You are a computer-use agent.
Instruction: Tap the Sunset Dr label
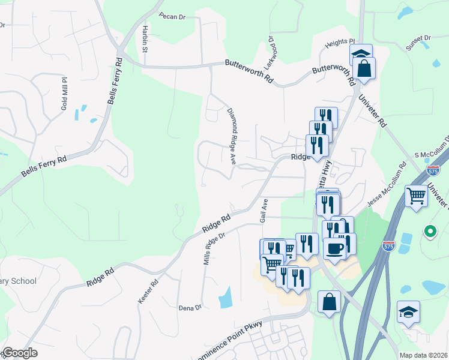pos(419,43)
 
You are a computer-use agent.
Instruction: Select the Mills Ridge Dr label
pos(214,248)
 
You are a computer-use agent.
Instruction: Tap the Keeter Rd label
pos(148,291)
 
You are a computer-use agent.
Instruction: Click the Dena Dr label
pos(190,308)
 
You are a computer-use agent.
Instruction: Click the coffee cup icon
pos(334,247)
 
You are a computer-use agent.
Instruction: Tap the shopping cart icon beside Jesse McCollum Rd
pos(416,194)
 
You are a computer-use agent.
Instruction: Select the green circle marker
pos(430,230)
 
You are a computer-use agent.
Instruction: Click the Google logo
pos(20,353)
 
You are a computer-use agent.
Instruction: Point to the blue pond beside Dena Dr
pos(226,297)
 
